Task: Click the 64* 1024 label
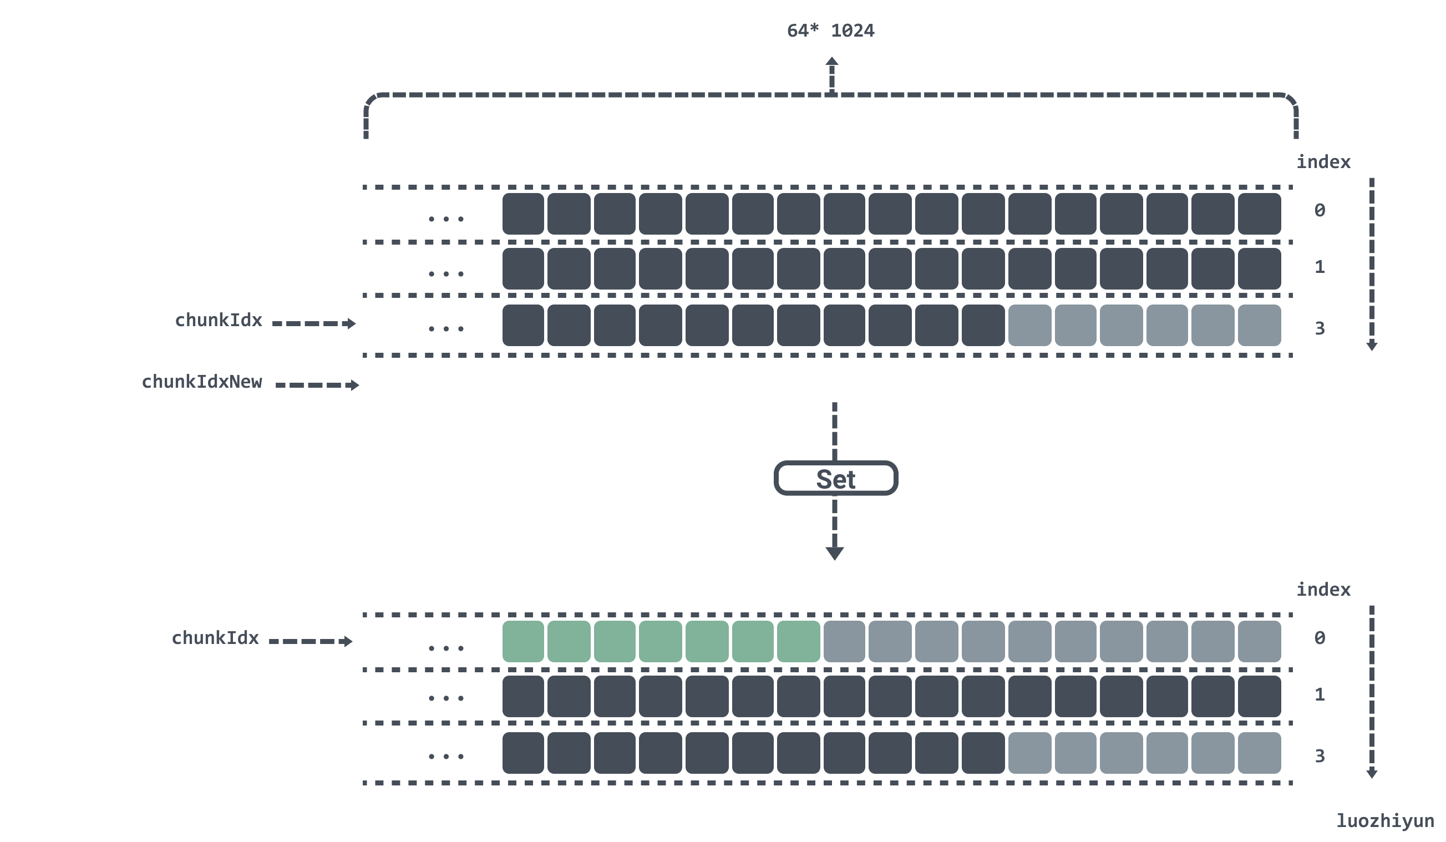click(x=830, y=31)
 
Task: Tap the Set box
click(x=835, y=478)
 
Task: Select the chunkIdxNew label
click(x=201, y=382)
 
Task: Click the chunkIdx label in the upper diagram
click(x=218, y=320)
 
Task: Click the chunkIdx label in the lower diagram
click(x=215, y=638)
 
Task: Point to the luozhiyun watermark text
click(x=1384, y=821)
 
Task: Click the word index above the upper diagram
click(x=1323, y=163)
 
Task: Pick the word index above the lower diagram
click(x=1323, y=590)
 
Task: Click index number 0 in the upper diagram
click(x=1320, y=211)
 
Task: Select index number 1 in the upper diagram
click(x=1320, y=267)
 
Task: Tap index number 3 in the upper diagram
click(x=1320, y=328)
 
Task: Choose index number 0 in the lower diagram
click(x=1320, y=638)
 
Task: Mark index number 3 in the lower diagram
click(x=1320, y=756)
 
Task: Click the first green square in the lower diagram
click(x=522, y=641)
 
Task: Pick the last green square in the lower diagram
click(x=798, y=641)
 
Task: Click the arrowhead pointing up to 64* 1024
click(x=831, y=62)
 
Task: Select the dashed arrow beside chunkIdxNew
click(x=317, y=385)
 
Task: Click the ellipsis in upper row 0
click(x=446, y=219)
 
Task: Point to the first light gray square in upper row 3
click(x=1029, y=326)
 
